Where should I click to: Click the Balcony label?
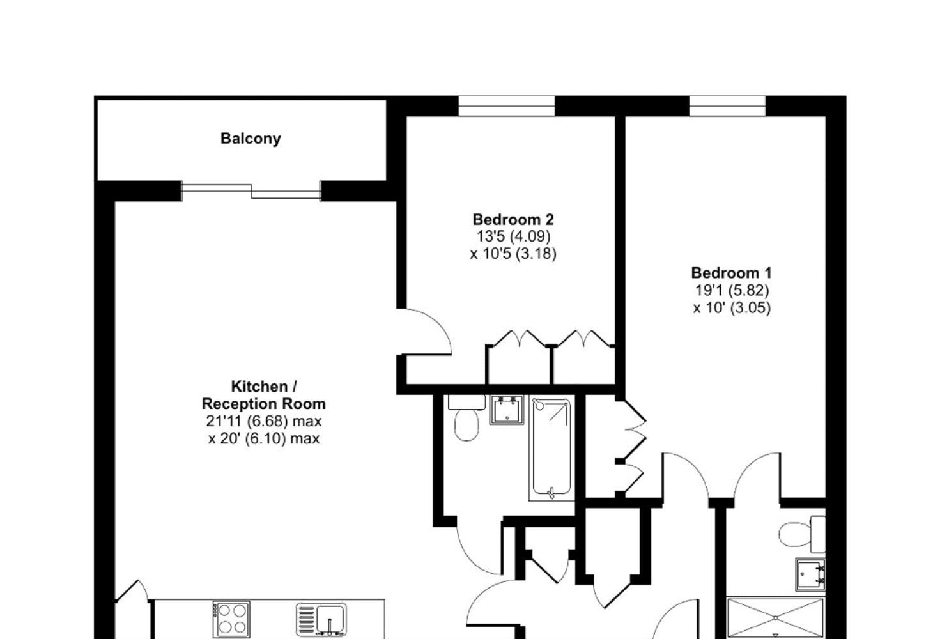click(251, 139)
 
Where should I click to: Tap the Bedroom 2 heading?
click(513, 219)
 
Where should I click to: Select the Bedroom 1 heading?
click(732, 273)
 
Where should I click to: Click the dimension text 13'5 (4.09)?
click(513, 236)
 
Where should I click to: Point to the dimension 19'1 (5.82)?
click(732, 290)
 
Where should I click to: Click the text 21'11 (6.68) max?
click(264, 421)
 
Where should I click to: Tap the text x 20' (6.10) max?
click(264, 438)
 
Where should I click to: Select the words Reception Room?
click(264, 404)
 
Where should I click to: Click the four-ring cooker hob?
click(231, 619)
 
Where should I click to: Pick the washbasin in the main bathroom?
click(507, 410)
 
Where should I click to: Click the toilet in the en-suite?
click(802, 534)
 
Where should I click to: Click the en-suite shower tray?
click(775, 618)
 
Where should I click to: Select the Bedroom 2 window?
click(507, 106)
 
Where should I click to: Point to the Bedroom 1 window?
click(727, 106)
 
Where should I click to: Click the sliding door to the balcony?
click(251, 191)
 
